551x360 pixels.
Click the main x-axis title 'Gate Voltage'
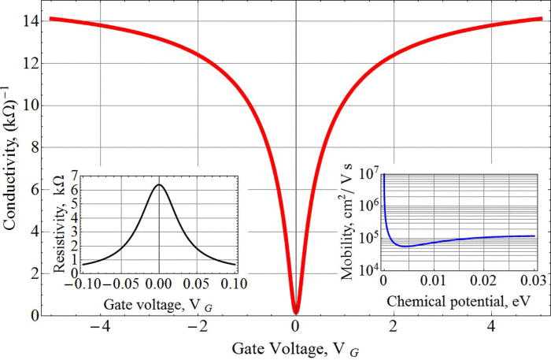[x=295, y=347]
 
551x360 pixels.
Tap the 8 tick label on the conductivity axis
[x=28, y=147]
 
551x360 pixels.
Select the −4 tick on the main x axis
[x=98, y=326]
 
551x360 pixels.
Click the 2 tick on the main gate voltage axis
[x=393, y=326]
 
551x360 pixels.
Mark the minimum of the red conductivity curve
[x=295, y=312]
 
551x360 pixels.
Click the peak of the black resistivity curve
[x=159, y=185]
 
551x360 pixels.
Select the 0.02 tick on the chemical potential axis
[x=469, y=282]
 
